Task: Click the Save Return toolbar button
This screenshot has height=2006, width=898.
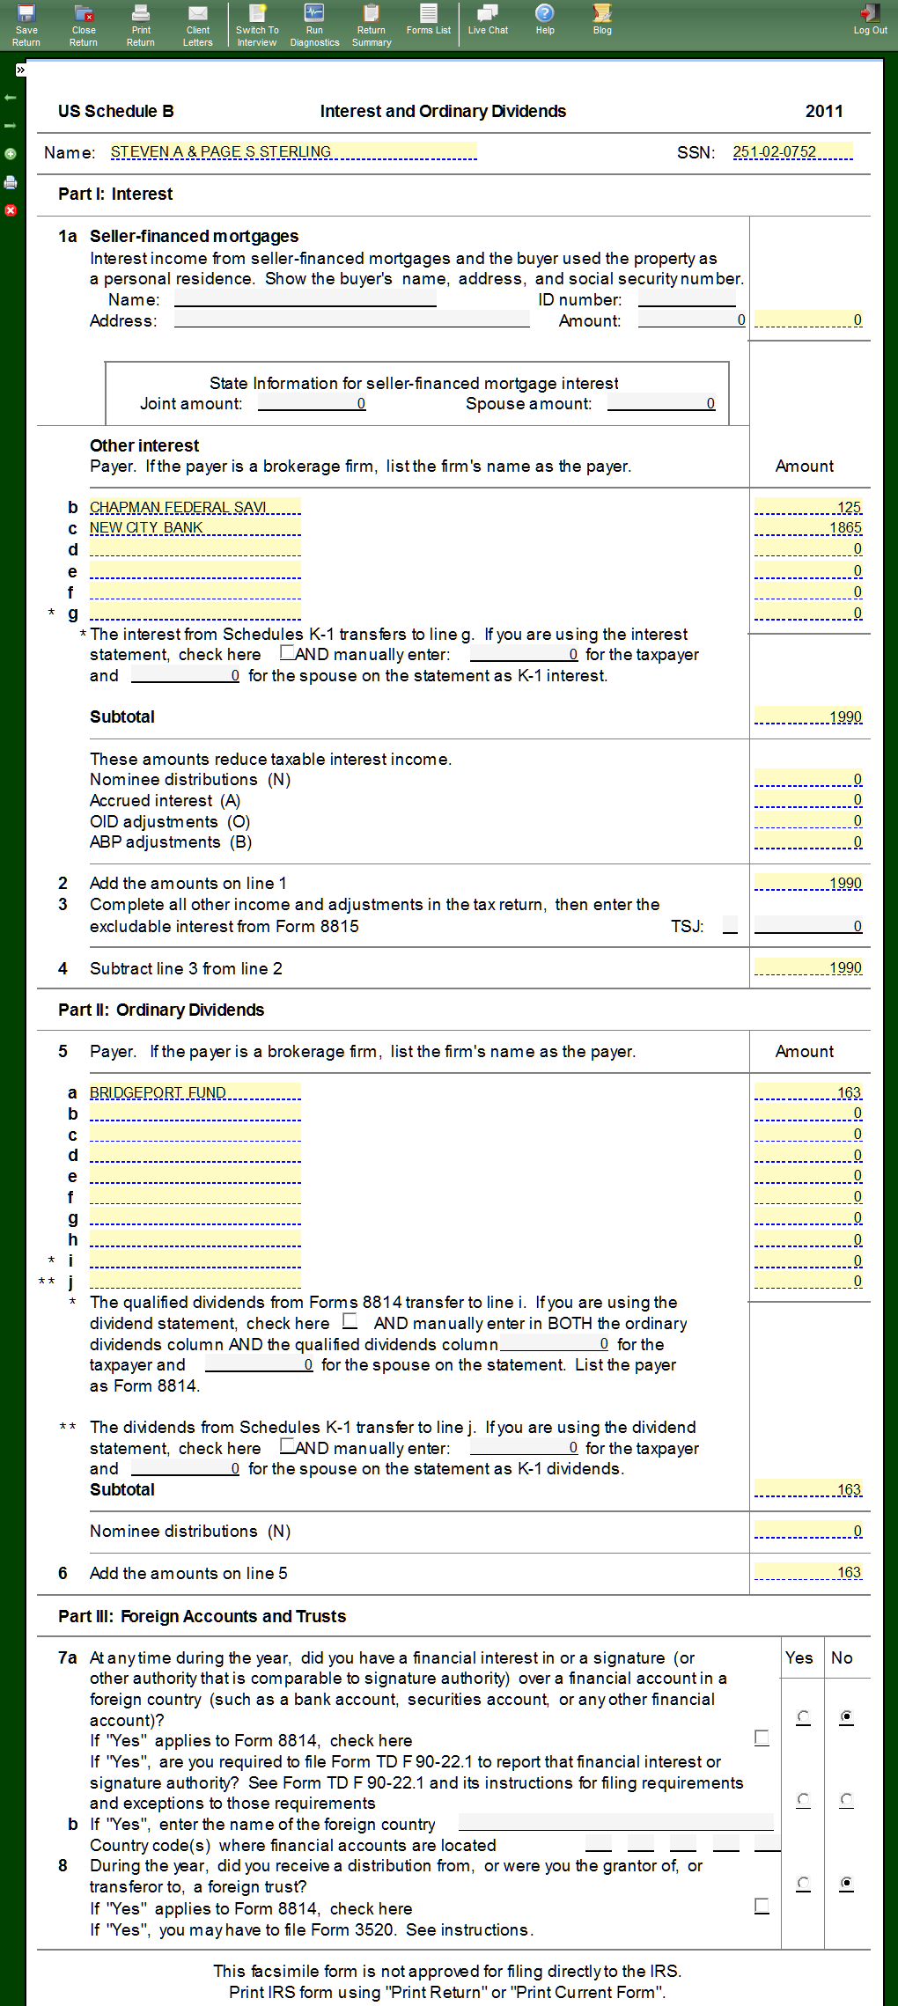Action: coord(26,24)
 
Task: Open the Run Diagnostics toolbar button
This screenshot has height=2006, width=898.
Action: coord(314,24)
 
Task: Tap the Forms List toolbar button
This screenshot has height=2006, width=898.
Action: coord(428,19)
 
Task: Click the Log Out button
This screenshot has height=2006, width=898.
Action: coord(870,19)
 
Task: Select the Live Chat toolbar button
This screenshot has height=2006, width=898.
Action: coord(488,19)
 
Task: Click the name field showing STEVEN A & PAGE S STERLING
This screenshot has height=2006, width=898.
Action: coord(293,152)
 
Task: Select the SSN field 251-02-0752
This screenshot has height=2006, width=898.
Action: coord(791,152)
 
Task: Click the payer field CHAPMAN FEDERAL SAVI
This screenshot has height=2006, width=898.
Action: coord(195,507)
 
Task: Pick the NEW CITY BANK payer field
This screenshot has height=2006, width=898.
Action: coord(195,528)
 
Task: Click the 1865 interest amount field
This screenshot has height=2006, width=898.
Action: coord(808,528)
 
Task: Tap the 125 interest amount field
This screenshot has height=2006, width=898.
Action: coord(808,507)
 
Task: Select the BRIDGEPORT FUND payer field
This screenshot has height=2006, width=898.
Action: coord(195,1092)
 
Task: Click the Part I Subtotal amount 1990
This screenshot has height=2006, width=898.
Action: coord(808,717)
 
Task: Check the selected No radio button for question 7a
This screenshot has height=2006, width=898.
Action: coord(846,1716)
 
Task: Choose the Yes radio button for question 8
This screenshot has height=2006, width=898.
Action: coord(803,1883)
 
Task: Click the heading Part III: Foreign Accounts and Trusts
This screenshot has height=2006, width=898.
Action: coord(202,1616)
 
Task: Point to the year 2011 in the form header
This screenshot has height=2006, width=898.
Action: coord(824,112)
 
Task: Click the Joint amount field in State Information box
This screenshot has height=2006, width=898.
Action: coord(312,404)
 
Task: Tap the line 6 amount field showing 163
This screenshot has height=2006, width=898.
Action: coord(808,1573)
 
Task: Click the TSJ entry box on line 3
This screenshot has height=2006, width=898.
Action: coord(730,925)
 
